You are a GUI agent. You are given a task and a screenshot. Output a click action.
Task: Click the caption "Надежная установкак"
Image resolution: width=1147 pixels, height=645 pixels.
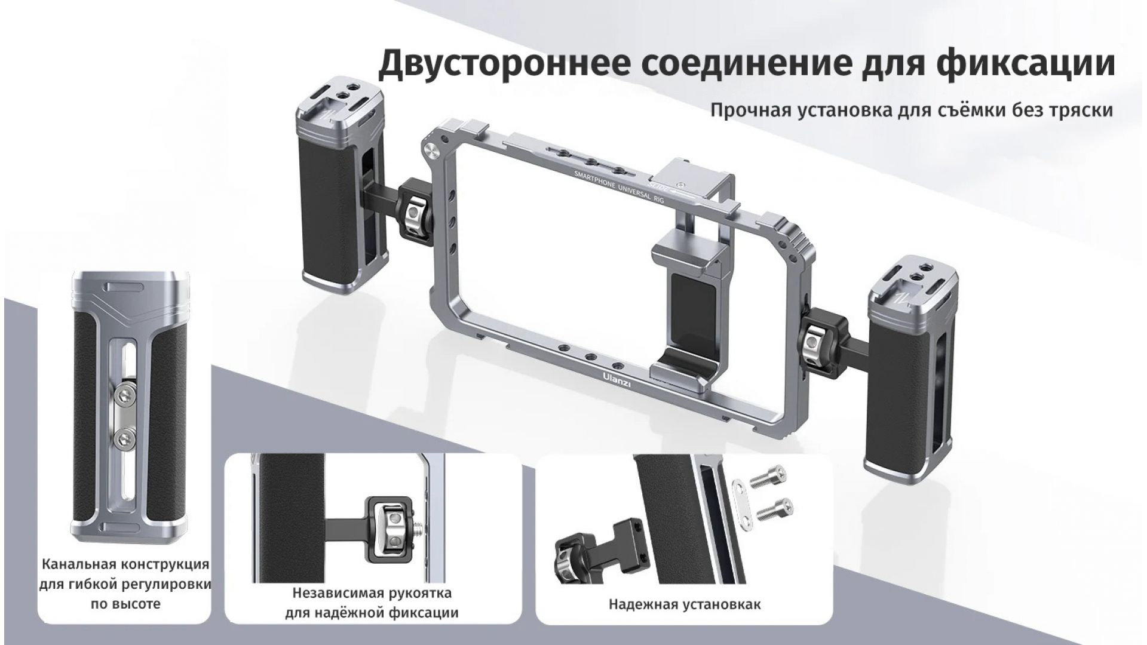click(x=685, y=604)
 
